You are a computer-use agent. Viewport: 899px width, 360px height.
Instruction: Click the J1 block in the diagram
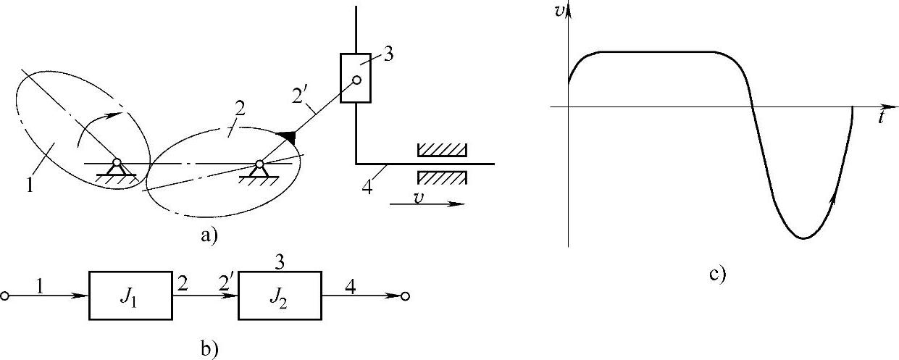(131, 296)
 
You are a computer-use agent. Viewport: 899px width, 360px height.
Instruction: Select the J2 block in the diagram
(280, 296)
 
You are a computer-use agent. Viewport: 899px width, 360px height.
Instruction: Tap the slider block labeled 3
(356, 78)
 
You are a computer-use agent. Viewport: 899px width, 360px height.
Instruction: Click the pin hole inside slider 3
(356, 80)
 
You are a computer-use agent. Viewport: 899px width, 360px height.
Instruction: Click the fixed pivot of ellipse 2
(259, 164)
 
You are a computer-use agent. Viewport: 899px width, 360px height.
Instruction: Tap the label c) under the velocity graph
(717, 275)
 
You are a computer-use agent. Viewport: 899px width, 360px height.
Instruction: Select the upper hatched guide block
(441, 150)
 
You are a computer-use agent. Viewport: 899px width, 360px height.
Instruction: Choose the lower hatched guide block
(441, 177)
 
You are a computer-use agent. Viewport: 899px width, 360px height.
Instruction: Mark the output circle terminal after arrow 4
(406, 296)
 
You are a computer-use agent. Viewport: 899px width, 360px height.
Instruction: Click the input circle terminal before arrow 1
(6, 296)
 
